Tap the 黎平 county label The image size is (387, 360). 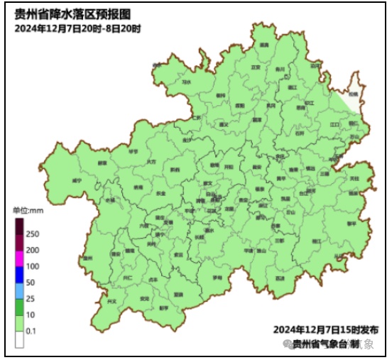pos(351,222)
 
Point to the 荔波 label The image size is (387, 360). pos(280,278)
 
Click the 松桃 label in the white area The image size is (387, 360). pos(353,94)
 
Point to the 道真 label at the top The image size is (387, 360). pos(264,45)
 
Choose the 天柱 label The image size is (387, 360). pos(354,178)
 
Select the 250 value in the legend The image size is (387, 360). pos(32,234)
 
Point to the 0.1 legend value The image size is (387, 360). pos(31,331)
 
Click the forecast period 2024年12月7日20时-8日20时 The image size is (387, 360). pos(77,28)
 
